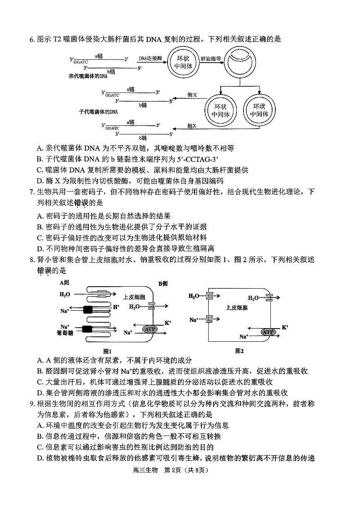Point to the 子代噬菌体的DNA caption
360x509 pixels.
[98, 112]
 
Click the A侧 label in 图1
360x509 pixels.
[64, 283]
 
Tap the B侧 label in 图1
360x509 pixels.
[163, 283]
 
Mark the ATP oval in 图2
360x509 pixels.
[268, 332]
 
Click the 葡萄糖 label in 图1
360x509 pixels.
[65, 333]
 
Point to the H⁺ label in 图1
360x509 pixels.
[116, 307]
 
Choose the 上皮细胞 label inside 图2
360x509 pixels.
[237, 308]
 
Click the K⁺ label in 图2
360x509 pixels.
[285, 327]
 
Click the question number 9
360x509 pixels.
[31, 404]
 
